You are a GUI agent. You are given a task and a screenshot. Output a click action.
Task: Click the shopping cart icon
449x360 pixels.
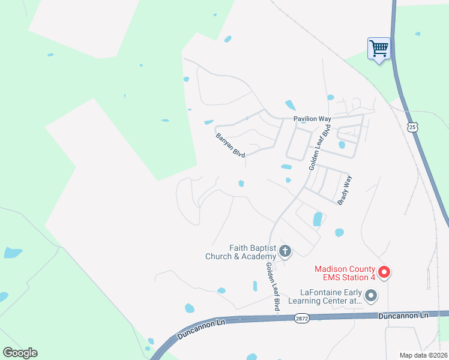click(379, 48)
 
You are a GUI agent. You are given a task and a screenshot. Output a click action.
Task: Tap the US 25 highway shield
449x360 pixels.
click(411, 127)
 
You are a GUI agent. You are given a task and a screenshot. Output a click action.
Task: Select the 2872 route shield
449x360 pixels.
click(301, 319)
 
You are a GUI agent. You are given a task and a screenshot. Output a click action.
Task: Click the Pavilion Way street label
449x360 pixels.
click(312, 119)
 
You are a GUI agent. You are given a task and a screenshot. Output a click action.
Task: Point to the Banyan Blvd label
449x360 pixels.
click(231, 145)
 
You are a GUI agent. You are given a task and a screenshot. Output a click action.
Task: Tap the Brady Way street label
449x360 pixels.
click(344, 190)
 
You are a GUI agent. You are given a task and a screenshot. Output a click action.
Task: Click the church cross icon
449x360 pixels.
click(285, 251)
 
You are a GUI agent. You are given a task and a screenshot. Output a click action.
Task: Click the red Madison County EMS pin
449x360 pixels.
click(384, 272)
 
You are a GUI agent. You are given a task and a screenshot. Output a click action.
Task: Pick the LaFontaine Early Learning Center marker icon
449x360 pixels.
click(371, 295)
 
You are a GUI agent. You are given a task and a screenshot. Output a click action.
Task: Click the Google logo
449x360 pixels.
click(20, 353)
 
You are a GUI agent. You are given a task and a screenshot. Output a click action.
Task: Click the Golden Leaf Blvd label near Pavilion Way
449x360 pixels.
click(319, 148)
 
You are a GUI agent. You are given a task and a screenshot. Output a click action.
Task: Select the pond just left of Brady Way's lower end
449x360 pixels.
click(318, 220)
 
